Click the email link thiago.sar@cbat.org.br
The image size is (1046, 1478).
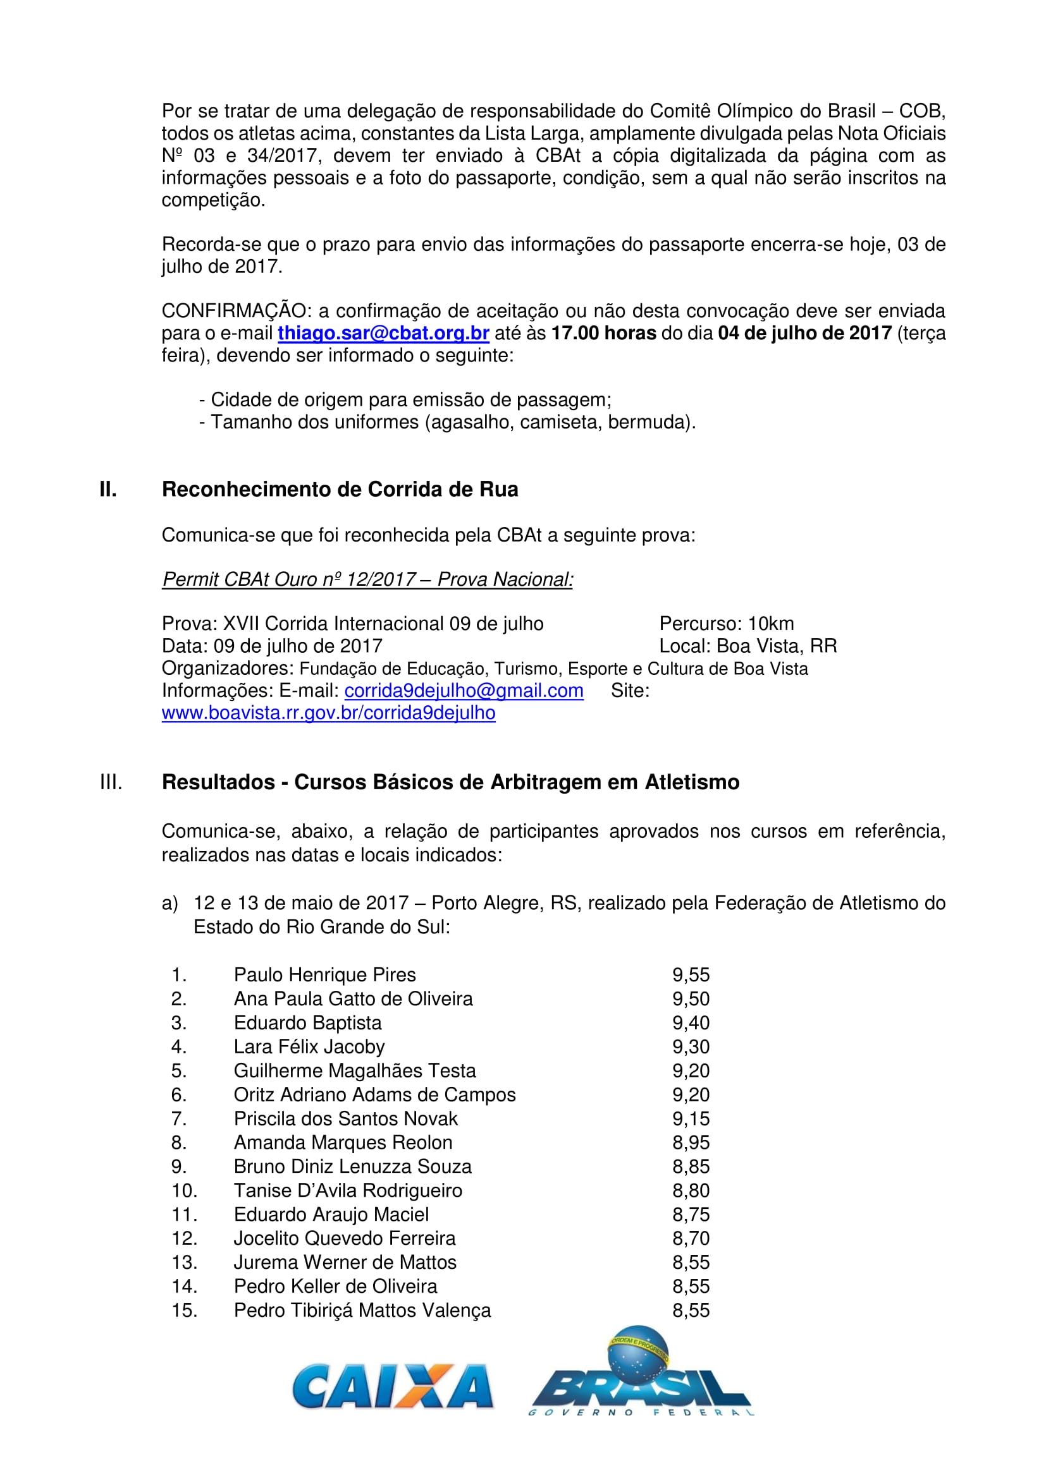tap(383, 334)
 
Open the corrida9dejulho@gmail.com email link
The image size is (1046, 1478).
tap(464, 691)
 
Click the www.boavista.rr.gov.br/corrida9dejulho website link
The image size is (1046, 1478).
tap(328, 713)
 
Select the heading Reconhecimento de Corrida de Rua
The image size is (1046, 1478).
tap(340, 489)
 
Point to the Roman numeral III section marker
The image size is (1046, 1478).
tap(111, 782)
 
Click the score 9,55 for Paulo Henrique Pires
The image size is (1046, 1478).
tap(691, 974)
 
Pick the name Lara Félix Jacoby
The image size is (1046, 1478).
tap(309, 1046)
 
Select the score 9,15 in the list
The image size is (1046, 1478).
tap(691, 1119)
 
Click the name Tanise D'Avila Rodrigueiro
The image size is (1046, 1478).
tap(348, 1190)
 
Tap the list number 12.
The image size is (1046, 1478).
tap(183, 1239)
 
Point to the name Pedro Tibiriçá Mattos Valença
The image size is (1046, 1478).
tap(362, 1310)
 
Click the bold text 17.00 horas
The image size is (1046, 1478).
tap(603, 334)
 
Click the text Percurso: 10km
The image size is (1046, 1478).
tap(727, 624)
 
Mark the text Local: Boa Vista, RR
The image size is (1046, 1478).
tap(748, 646)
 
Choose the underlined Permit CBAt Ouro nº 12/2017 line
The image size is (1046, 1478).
tap(367, 579)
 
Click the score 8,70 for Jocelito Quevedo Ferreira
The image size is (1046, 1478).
tap(691, 1239)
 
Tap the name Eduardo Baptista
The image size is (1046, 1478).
tap(307, 1023)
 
